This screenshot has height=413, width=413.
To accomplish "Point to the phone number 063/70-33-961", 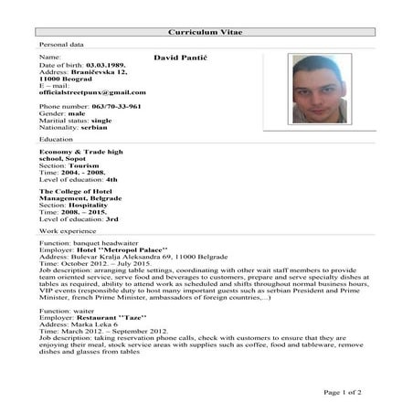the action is pos(116,106).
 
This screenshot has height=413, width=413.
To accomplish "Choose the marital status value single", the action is pos(103,120).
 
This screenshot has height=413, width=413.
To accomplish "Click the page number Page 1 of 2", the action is pos(344,392).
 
